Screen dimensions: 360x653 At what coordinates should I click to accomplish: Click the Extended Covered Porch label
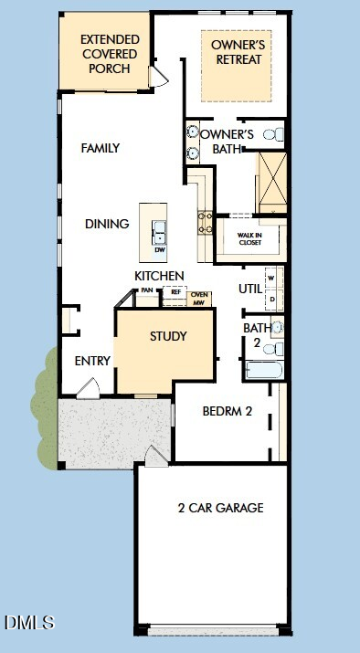[110, 54]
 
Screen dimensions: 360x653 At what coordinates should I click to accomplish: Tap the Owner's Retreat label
[237, 52]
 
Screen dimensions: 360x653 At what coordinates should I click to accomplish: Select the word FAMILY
[101, 148]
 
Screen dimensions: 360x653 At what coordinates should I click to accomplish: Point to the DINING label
[107, 224]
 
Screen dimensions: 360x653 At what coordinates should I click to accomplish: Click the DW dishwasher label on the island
[160, 250]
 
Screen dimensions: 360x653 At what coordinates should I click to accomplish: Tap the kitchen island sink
[159, 233]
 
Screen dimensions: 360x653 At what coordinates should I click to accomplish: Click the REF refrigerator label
[176, 292]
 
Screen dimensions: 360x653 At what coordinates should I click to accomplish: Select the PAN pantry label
[146, 290]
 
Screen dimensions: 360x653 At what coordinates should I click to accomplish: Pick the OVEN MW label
[199, 299]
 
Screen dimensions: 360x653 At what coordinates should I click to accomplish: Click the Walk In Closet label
[250, 238]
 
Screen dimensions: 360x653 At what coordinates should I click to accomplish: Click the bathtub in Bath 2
[264, 370]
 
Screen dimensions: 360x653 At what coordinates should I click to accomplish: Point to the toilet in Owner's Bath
[274, 134]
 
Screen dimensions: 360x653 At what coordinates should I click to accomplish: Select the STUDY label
[168, 336]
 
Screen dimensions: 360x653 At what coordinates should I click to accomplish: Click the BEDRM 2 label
[228, 412]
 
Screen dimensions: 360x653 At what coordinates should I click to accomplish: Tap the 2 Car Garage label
[221, 508]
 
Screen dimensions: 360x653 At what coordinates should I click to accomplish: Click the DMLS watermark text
[29, 622]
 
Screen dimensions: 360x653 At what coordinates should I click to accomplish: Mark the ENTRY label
[92, 361]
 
